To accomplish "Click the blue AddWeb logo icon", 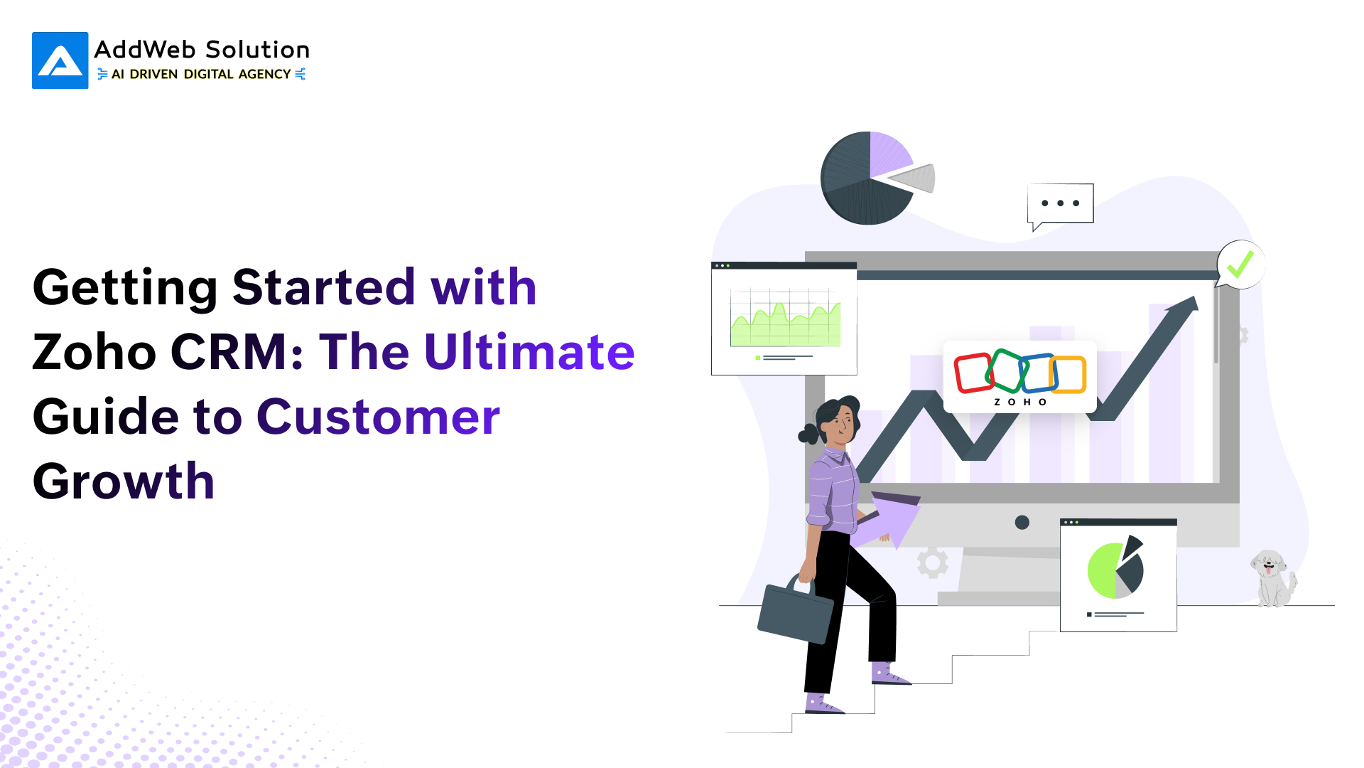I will click(60, 60).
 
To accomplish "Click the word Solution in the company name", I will click(257, 50).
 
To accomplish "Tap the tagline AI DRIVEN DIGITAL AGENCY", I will click(201, 74).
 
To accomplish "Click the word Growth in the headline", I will click(124, 481).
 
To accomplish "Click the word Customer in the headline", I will click(378, 417).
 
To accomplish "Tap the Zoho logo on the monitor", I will click(1019, 377).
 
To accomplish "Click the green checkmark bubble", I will click(1240, 265).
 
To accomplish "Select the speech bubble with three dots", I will click(1060, 203).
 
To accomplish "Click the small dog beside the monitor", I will click(1272, 577).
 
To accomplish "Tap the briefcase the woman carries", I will click(795, 612).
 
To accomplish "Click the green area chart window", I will click(784, 319).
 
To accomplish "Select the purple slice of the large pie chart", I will click(887, 153).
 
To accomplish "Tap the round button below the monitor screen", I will click(1022, 523).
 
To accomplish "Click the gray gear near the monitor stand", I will click(932, 562).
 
